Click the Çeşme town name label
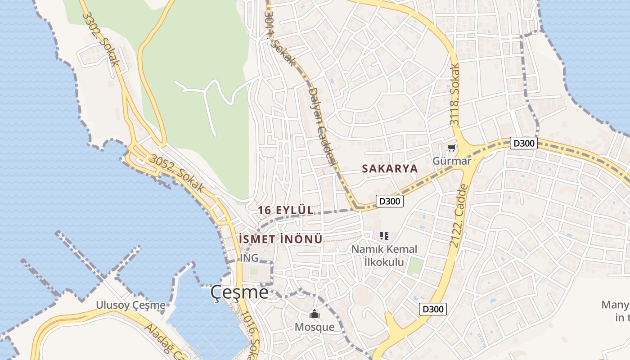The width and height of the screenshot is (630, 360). [239, 293]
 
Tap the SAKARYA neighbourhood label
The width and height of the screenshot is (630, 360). [390, 169]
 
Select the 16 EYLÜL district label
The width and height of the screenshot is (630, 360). [286, 210]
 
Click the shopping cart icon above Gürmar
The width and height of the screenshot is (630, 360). [451, 148]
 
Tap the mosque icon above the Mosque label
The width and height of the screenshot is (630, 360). [314, 314]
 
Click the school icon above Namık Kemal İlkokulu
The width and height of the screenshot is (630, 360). [384, 235]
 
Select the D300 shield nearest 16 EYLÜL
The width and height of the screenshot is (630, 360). [390, 201]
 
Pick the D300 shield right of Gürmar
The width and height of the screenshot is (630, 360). [524, 144]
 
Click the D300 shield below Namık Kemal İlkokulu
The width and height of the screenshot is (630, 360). [433, 309]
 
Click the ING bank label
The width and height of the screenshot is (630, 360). [249, 258]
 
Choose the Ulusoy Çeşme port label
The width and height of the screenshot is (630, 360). [130, 305]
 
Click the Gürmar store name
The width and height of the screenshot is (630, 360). [451, 161]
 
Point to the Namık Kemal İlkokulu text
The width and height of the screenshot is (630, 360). [384, 255]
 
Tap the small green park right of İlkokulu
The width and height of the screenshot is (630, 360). [415, 267]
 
